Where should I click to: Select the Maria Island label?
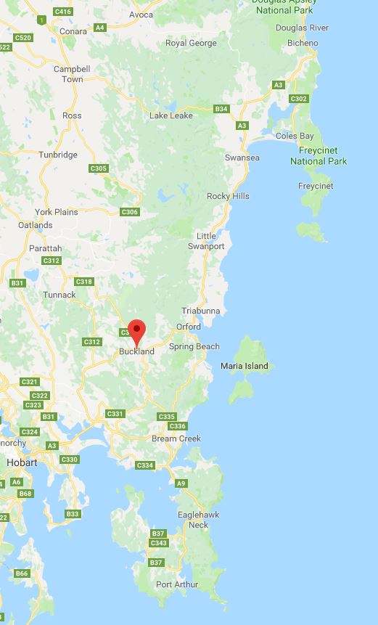pyautogui.click(x=244, y=366)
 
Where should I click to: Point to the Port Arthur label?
pyautogui.click(x=177, y=584)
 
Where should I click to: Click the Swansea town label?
pyautogui.click(x=242, y=158)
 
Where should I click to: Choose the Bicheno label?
pyautogui.click(x=303, y=43)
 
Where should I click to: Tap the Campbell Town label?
pyautogui.click(x=72, y=74)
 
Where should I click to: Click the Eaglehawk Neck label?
pyautogui.click(x=193, y=520)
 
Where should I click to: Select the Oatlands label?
pyautogui.click(x=35, y=225)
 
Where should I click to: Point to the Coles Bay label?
pyautogui.click(x=295, y=136)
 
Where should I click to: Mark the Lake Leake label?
pyautogui.click(x=171, y=115)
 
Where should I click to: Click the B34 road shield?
pyautogui.click(x=221, y=109)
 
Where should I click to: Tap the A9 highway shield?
pyautogui.click(x=181, y=483)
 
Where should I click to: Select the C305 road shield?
pyautogui.click(x=99, y=168)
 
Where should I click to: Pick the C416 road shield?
pyautogui.click(x=63, y=12)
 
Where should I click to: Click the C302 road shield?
pyautogui.click(x=298, y=99)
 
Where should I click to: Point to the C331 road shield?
pyautogui.click(x=115, y=414)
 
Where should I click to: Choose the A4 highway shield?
pyautogui.click(x=100, y=28)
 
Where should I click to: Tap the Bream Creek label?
pyautogui.click(x=176, y=438)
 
